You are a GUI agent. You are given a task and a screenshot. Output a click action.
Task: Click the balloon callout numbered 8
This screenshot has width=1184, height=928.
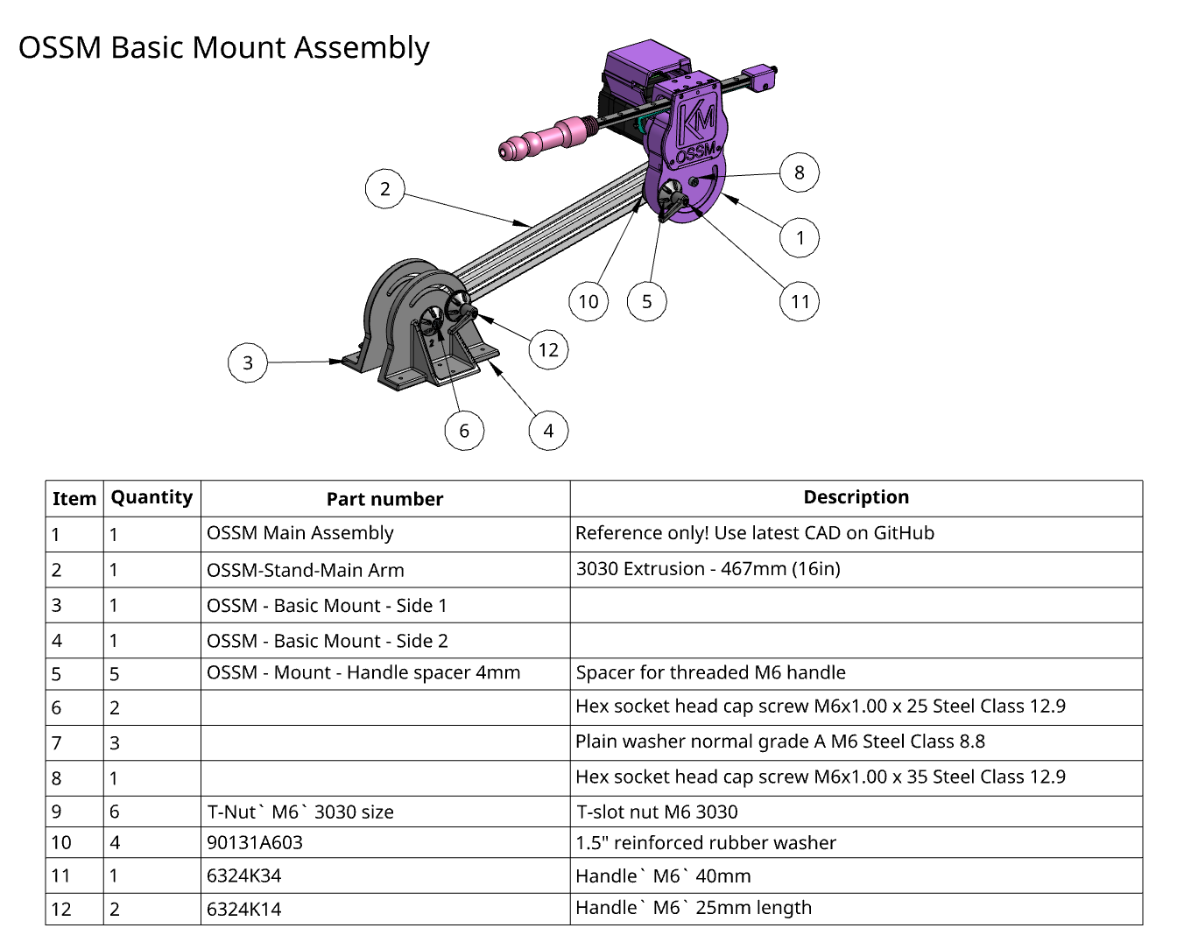click(x=800, y=172)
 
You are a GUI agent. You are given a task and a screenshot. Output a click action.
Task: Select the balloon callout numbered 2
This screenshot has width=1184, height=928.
click(x=385, y=188)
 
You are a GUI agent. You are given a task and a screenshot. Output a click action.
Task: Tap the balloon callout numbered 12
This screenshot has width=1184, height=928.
click(x=548, y=350)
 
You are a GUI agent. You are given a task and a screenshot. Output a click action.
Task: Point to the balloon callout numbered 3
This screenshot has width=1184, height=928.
click(x=248, y=362)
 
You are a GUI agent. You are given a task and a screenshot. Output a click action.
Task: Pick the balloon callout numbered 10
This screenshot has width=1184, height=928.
click(x=588, y=302)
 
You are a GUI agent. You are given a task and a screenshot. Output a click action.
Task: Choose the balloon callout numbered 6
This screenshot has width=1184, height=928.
click(x=464, y=431)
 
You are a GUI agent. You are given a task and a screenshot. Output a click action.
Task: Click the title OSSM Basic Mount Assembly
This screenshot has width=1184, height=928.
click(x=224, y=47)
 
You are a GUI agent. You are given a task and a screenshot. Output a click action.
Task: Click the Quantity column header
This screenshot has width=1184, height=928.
click(x=152, y=497)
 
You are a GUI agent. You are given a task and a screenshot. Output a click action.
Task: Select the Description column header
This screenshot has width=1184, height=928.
click(x=856, y=497)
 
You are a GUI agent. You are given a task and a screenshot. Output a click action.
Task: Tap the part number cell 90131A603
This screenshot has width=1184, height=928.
click(x=255, y=843)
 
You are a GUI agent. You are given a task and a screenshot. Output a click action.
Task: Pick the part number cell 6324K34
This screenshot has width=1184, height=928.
click(x=244, y=875)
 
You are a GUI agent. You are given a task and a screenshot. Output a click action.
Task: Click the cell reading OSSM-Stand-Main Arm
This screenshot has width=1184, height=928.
click(x=306, y=570)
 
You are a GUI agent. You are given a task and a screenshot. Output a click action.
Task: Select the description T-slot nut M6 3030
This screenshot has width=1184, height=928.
click(x=657, y=812)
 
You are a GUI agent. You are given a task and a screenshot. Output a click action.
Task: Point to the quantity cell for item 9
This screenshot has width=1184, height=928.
click(x=115, y=812)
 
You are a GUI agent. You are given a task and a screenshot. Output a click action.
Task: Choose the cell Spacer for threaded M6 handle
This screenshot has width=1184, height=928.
click(x=710, y=672)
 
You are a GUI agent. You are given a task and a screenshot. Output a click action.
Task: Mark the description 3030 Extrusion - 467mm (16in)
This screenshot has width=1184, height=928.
click(x=708, y=569)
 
